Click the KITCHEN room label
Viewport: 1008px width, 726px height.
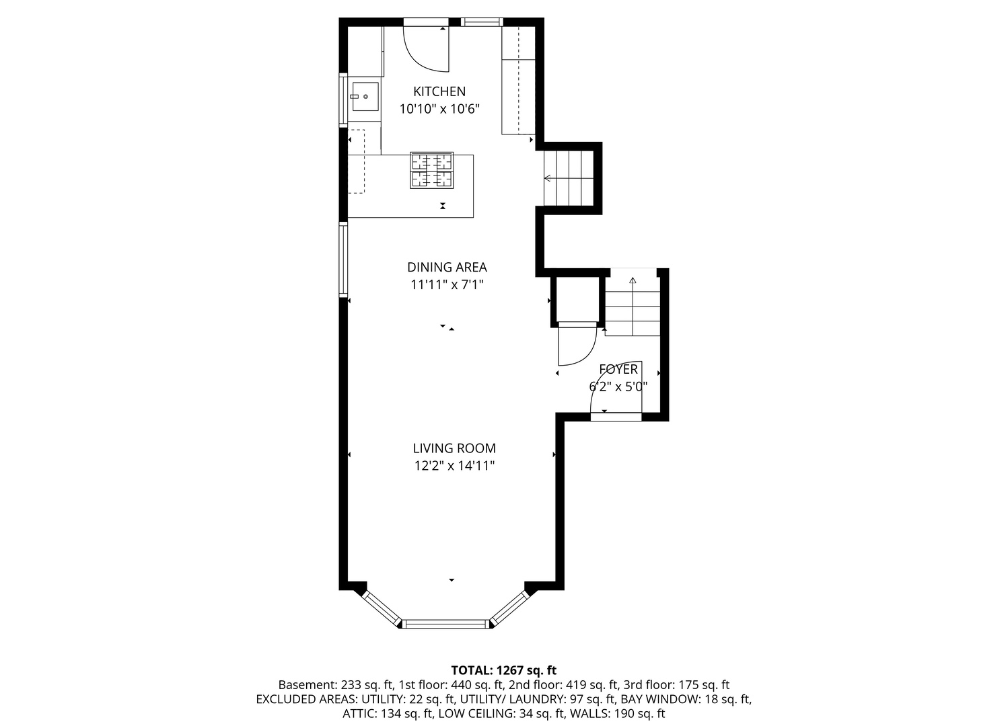tap(439, 91)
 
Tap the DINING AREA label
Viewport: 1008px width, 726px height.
tap(447, 267)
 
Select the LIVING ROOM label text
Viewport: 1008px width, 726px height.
tap(454, 448)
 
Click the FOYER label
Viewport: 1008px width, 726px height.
tap(618, 369)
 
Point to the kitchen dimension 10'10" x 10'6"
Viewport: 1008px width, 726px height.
tap(439, 109)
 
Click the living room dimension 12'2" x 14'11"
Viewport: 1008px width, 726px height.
tap(454, 466)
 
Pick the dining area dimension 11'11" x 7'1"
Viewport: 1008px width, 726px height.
tap(447, 284)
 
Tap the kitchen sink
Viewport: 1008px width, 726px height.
tap(365, 96)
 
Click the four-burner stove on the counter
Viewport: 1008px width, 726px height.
tap(431, 170)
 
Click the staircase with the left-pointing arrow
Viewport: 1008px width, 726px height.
tap(569, 178)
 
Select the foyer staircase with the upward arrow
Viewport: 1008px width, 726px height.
tap(633, 307)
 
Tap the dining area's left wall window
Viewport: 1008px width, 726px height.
tap(343, 259)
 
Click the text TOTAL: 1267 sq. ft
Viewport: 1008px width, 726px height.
tap(503, 670)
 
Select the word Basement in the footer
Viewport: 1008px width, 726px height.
tap(307, 684)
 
